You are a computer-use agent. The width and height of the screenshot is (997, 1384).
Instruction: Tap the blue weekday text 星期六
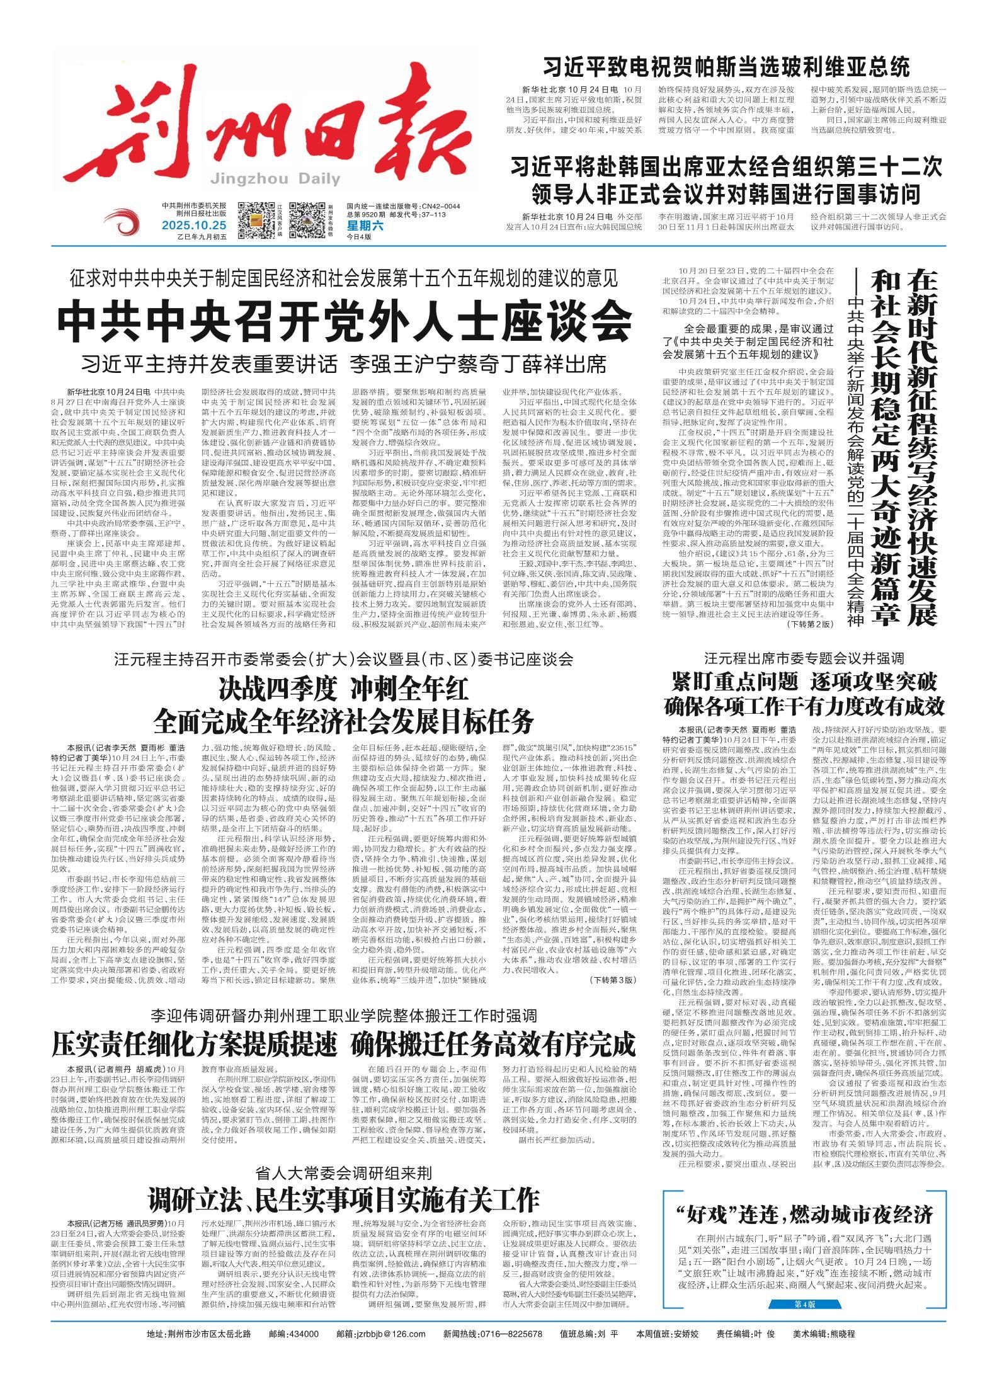click(361, 225)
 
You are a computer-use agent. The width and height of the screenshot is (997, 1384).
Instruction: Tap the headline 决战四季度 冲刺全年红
click(344, 689)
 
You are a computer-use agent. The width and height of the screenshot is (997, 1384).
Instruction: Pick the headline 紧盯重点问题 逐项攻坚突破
click(804, 682)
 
